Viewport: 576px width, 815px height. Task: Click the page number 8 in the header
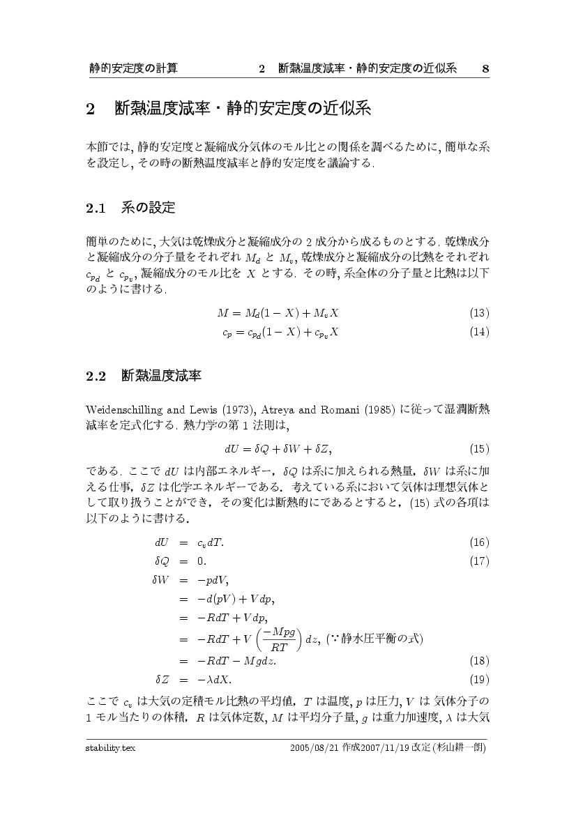point(485,68)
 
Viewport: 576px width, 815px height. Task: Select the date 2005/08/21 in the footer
point(314,749)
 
